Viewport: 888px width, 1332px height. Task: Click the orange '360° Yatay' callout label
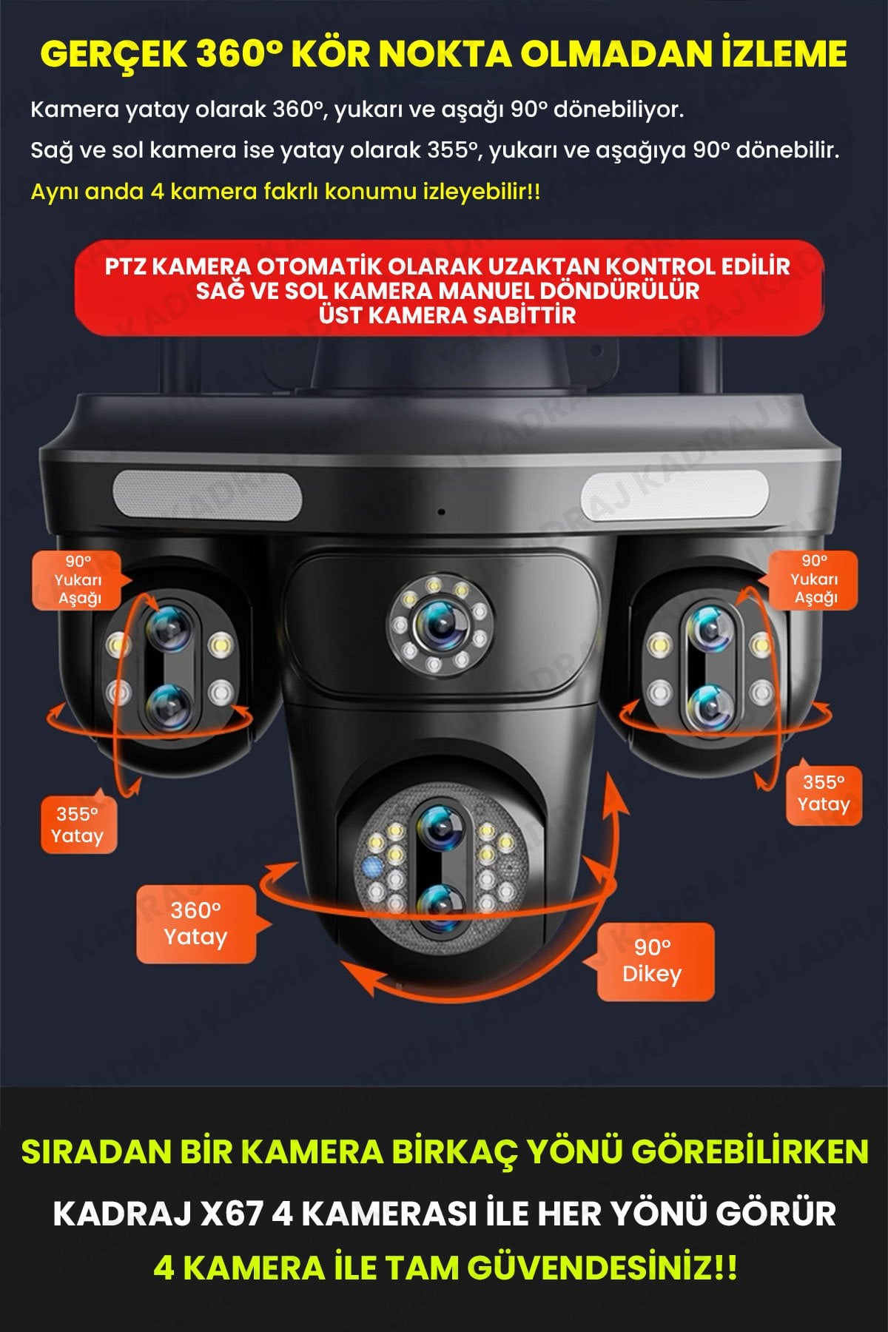pos(195,924)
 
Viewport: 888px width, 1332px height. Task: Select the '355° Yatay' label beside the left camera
pos(78,825)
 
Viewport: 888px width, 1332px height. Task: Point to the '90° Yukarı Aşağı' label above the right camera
pos(814,579)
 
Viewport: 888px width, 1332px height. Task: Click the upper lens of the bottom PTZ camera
pos(441,827)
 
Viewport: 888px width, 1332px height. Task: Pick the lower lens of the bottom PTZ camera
pos(441,906)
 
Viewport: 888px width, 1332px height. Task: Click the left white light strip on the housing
pos(207,496)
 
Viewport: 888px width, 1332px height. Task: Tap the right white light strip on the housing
pos(674,496)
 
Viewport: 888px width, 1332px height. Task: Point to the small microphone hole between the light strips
pos(442,512)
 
